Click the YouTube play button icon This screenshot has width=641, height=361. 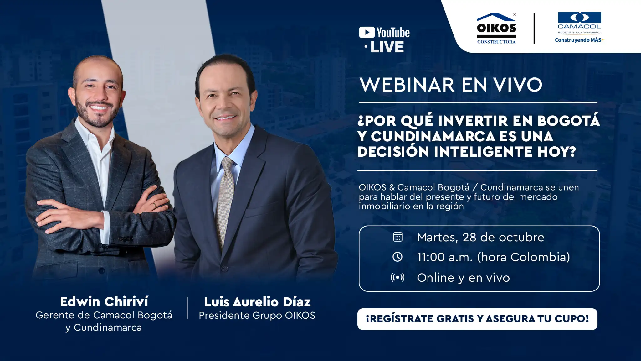[x=367, y=33]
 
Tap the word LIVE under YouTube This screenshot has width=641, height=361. [x=387, y=47]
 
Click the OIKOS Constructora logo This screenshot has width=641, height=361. [x=496, y=29]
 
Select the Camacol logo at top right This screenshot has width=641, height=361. [x=580, y=23]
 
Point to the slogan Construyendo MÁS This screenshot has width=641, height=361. [x=580, y=40]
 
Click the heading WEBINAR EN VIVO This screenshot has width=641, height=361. [x=451, y=85]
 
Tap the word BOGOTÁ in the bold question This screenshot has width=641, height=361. [x=569, y=121]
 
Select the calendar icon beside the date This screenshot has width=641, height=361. [x=398, y=237]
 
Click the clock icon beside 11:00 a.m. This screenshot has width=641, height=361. [x=397, y=257]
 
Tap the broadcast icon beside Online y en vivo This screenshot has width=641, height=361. [x=397, y=277]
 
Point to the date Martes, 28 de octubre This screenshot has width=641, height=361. [x=481, y=238]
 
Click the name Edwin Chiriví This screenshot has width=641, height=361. [x=104, y=302]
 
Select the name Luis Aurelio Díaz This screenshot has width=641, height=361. [x=257, y=302]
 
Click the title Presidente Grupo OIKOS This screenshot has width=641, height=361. [x=257, y=316]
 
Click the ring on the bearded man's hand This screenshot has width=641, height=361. [x=154, y=205]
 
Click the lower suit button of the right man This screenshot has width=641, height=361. [x=224, y=269]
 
